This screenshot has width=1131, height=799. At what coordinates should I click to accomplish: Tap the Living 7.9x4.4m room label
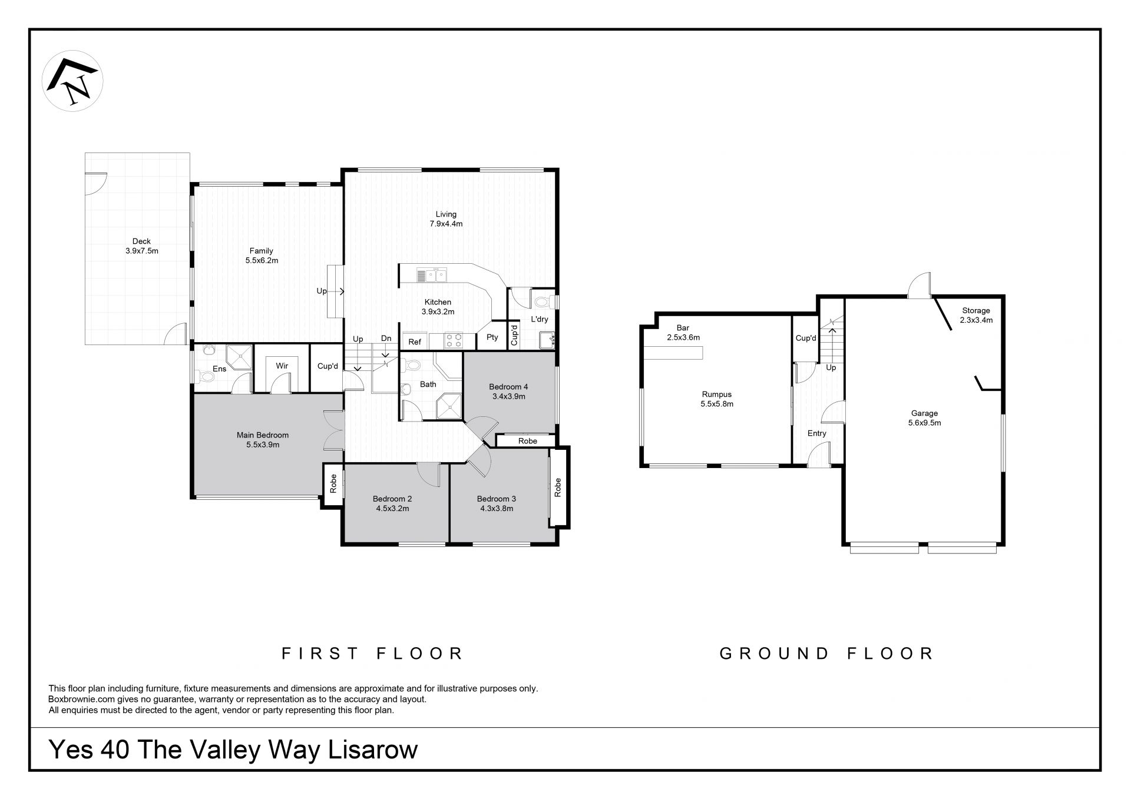[446, 219]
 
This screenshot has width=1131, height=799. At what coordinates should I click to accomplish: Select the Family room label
[262, 256]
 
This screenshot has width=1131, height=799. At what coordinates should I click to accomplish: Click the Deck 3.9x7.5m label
[142, 246]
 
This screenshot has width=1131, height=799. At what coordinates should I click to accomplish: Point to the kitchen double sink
[432, 275]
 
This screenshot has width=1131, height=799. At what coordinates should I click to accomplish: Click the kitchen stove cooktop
[452, 341]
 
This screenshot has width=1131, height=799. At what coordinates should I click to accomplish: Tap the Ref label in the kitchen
[415, 342]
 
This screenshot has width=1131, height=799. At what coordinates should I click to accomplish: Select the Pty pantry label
[492, 337]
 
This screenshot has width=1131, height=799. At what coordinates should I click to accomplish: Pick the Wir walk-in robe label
[282, 366]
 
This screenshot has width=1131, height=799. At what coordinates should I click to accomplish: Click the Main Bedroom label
[263, 440]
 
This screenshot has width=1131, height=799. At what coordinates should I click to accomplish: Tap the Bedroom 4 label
[508, 392]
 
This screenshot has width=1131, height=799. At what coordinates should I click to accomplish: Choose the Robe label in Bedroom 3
[558, 487]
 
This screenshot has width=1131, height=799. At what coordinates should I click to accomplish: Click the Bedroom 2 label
[392, 503]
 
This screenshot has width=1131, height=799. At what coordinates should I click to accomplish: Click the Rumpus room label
[717, 399]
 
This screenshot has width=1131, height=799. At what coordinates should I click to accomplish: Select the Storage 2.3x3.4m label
[976, 315]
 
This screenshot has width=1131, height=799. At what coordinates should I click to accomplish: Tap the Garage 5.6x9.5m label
[924, 418]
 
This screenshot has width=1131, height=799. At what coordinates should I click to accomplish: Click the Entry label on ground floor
[817, 433]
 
